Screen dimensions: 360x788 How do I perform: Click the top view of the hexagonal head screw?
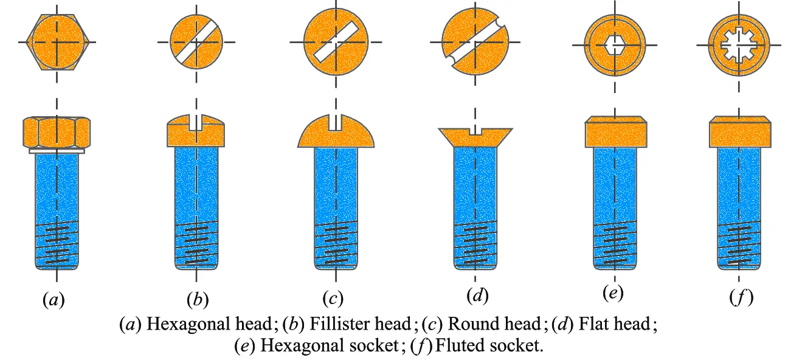[56, 42]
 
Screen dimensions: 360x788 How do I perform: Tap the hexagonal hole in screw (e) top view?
[614, 45]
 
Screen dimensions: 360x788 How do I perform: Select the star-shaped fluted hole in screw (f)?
[741, 45]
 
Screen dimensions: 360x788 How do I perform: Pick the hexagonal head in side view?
[56, 131]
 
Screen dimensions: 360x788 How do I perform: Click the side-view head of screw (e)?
[614, 131]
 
